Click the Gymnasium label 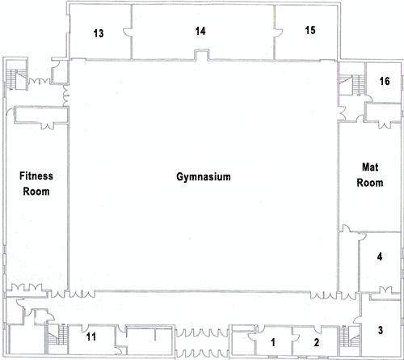point(204,177)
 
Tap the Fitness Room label point(36,184)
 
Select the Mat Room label point(370,175)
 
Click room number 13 point(99,33)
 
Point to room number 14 point(200,31)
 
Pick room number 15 point(310,30)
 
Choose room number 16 point(385,81)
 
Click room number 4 point(380,256)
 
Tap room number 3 point(381,330)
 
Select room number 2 point(317,342)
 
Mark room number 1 point(273,342)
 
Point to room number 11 point(91,337)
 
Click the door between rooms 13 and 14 point(127,33)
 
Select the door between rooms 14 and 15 point(279,32)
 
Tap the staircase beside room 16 point(351,85)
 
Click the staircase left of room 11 point(57,335)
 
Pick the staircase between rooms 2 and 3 point(349,337)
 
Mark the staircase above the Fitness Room point(15,79)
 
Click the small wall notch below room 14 point(201,55)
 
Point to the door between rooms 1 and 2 point(295,337)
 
